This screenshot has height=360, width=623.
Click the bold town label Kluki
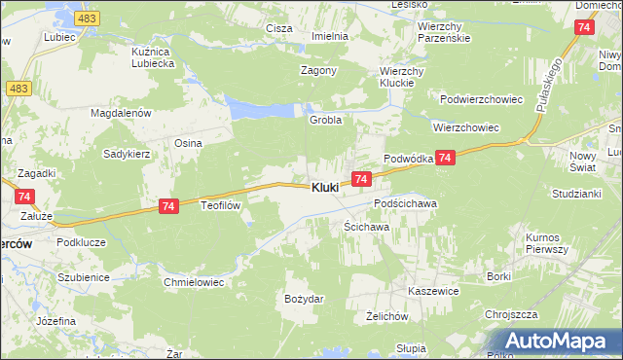pyautogui.click(x=325, y=187)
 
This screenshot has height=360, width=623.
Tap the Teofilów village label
pyautogui.click(x=220, y=205)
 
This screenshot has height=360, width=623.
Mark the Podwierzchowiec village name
pyautogui.click(x=482, y=99)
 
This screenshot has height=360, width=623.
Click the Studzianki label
pyautogui.click(x=575, y=194)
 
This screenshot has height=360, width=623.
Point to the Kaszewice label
pyautogui.click(x=434, y=291)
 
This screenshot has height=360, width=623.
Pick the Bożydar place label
pyautogui.click(x=303, y=298)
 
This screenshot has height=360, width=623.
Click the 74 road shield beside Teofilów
pyautogui.click(x=168, y=205)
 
